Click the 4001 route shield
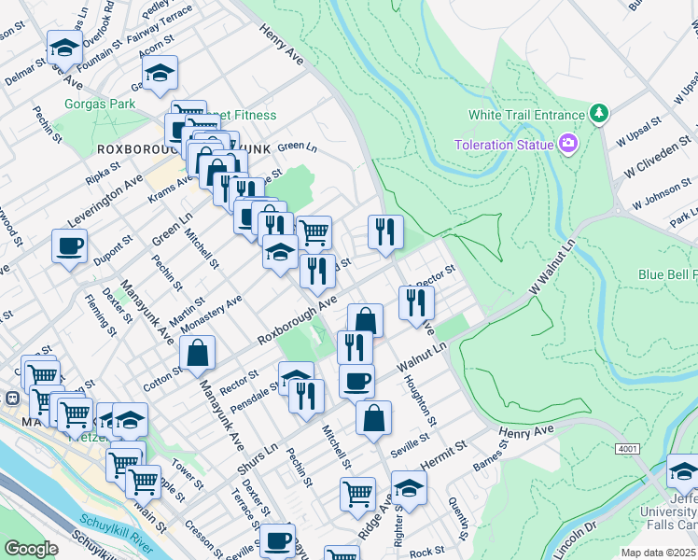click(627, 449)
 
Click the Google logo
click(32, 549)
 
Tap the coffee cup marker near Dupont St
click(70, 247)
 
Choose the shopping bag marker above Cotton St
click(198, 354)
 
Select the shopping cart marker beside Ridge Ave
click(358, 495)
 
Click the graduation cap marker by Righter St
click(409, 487)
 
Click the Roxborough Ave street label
click(297, 320)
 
